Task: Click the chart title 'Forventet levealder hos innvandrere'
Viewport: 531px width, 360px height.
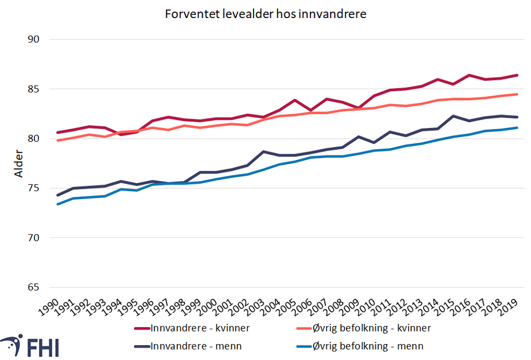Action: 265,15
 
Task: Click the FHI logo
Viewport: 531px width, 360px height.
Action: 30,346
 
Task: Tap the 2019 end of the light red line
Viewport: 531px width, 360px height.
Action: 517,94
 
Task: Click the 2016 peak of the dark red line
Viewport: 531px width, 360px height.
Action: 470,75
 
